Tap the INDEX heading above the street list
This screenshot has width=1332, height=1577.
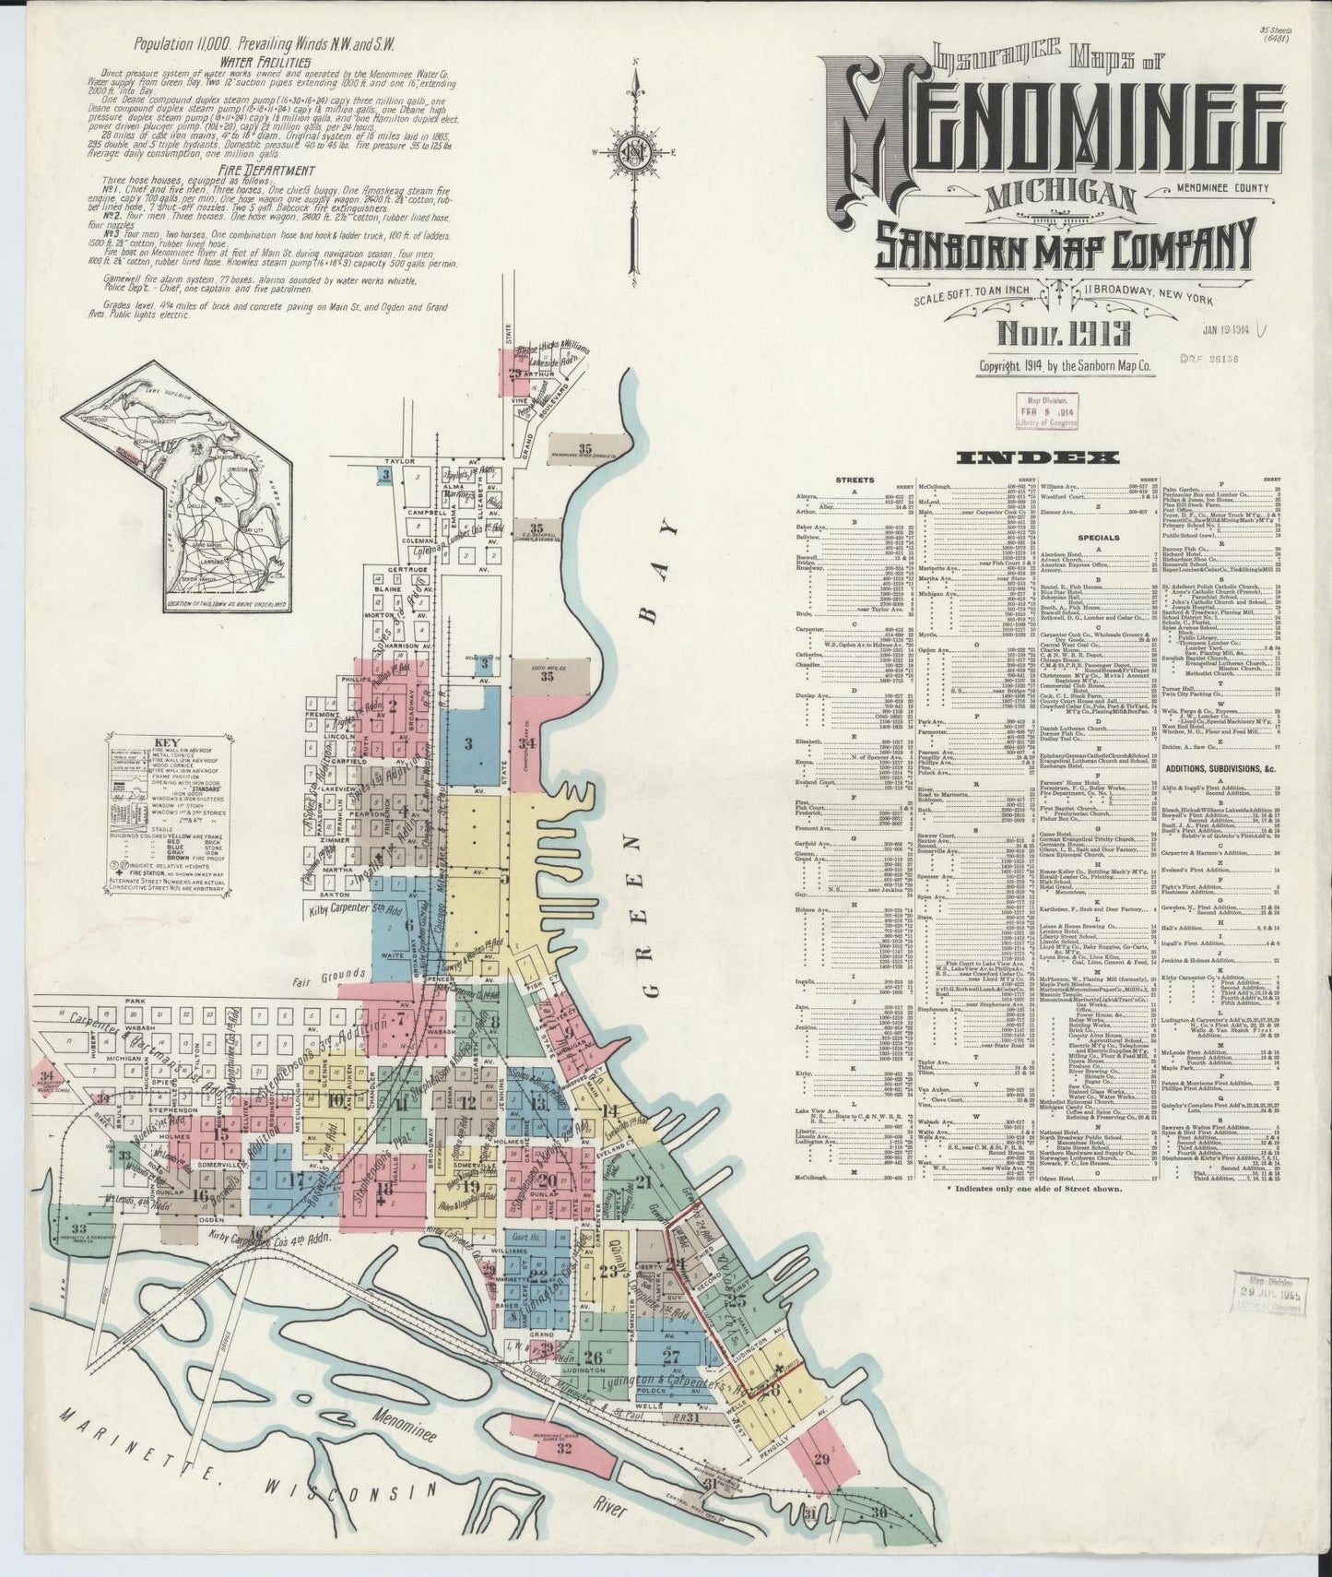point(1038,457)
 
